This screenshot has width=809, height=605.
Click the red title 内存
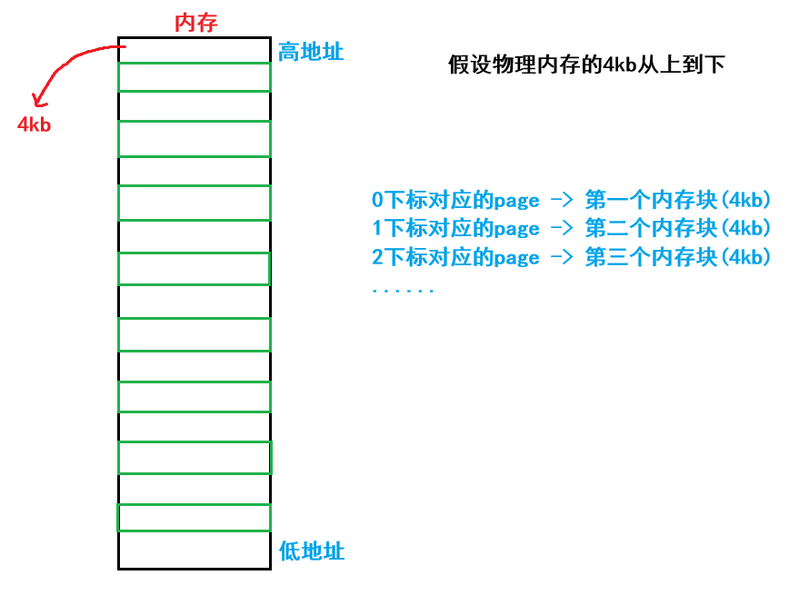point(195,23)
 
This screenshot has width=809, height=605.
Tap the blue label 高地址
point(311,52)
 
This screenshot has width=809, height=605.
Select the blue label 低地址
point(312,550)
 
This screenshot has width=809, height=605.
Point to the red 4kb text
point(35,124)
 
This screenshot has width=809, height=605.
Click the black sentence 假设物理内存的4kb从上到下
point(586,65)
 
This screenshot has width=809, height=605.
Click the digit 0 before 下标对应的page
point(377,200)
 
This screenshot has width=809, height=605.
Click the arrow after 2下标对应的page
point(562,257)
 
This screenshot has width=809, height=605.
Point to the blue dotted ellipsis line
point(403,291)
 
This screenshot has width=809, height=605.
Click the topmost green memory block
point(195,77)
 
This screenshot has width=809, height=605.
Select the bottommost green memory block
point(195,518)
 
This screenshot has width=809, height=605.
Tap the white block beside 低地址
point(195,550)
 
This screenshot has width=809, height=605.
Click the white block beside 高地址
point(195,52)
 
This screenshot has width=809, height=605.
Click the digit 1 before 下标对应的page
point(377,228)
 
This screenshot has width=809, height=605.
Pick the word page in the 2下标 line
point(517,258)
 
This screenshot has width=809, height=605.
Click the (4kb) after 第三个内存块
point(744,257)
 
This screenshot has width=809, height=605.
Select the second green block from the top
point(195,138)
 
